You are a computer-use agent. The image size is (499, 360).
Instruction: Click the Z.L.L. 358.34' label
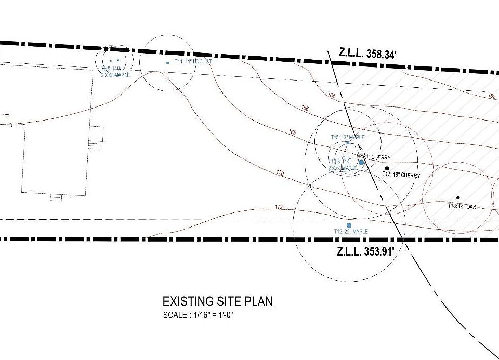click(x=367, y=52)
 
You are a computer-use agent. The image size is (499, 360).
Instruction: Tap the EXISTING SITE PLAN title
click(x=218, y=302)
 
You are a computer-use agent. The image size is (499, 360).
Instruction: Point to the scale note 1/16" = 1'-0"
click(x=198, y=315)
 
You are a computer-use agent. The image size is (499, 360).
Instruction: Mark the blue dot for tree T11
click(x=167, y=63)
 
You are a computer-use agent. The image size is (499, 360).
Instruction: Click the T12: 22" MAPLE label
click(x=351, y=231)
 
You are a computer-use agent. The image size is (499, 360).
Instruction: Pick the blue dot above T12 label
click(x=349, y=225)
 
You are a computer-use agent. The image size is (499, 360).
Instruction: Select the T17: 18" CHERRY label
click(x=401, y=175)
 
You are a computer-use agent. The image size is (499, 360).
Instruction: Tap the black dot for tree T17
click(x=387, y=168)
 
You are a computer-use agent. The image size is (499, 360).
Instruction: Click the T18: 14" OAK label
click(x=462, y=206)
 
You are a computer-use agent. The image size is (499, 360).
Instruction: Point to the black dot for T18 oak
click(x=458, y=198)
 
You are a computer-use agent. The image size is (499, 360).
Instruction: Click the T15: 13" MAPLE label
click(x=348, y=137)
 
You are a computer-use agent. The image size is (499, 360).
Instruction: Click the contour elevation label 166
click(x=305, y=108)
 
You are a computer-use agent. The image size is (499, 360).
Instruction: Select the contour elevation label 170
click(x=280, y=173)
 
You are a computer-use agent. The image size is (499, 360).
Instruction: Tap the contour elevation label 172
click(x=279, y=207)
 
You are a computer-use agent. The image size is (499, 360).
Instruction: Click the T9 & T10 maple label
click(x=115, y=72)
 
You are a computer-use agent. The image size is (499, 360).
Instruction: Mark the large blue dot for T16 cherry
click(x=362, y=162)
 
